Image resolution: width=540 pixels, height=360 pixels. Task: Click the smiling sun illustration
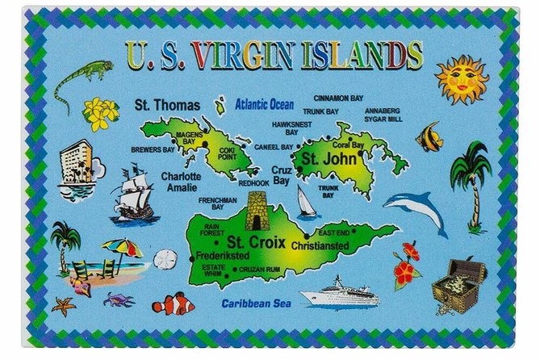click(462, 79)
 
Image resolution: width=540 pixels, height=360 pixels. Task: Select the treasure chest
click(458, 286)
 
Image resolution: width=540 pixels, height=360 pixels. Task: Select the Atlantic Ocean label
click(265, 104)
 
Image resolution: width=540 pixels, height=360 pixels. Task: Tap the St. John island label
click(323, 159)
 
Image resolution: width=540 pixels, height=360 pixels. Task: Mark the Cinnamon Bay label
click(338, 98)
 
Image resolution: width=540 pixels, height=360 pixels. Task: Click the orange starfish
click(64, 306)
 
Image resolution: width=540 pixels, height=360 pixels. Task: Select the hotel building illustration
click(77, 170)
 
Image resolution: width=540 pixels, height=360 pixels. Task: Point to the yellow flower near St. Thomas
click(102, 113)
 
